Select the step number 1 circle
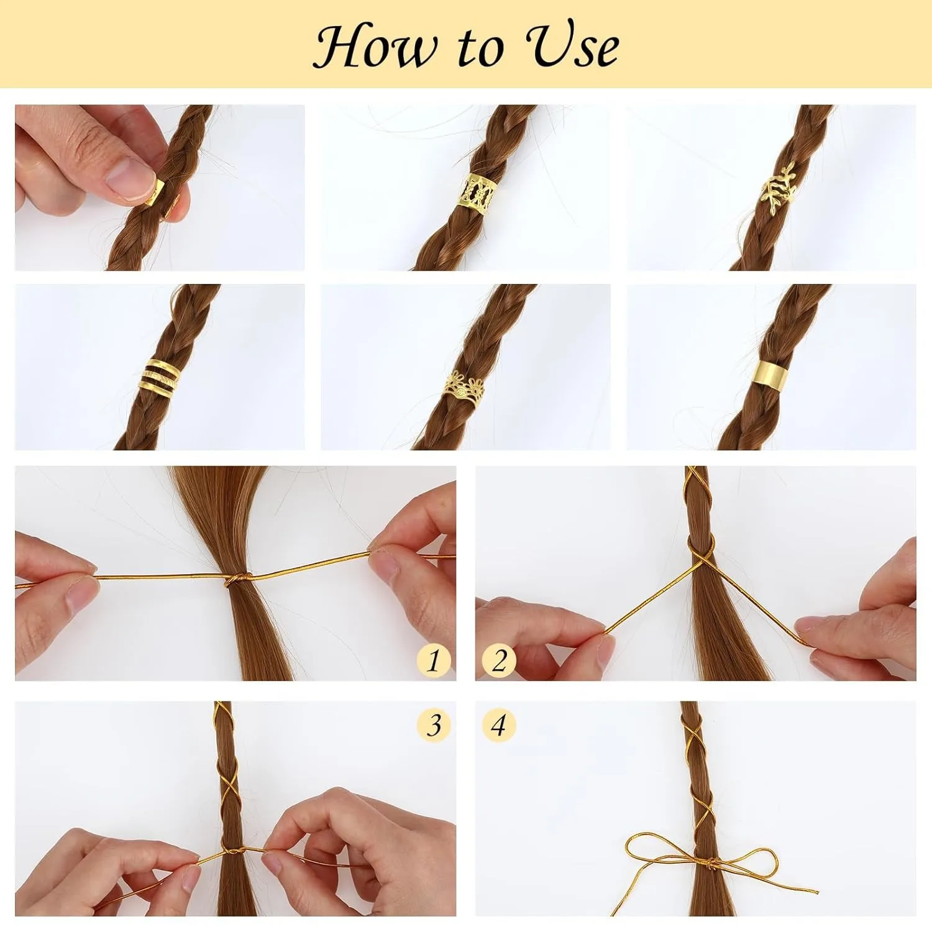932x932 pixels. click(434, 660)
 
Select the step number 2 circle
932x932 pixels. click(499, 660)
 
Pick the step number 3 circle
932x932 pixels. click(434, 725)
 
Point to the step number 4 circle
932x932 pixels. click(499, 725)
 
